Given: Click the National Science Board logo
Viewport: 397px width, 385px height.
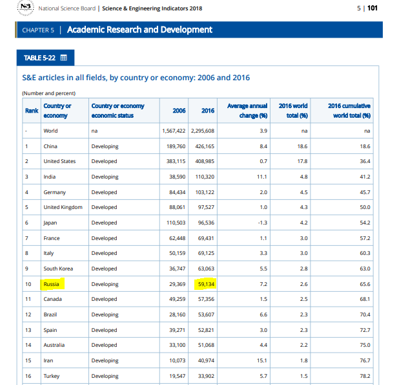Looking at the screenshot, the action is (x=25, y=8).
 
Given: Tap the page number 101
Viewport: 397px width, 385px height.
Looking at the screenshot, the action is (x=372, y=8).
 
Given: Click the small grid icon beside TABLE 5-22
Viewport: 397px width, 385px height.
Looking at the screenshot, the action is (x=63, y=58).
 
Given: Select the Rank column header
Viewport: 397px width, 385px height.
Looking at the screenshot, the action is (x=32, y=111).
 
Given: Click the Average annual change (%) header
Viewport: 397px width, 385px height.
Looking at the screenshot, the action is (x=247, y=111).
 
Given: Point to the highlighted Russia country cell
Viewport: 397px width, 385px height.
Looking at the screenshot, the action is (x=52, y=284).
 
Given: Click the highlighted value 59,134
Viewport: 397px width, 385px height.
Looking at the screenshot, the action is (x=205, y=284).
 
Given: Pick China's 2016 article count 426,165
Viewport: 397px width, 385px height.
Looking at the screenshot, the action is (x=205, y=146).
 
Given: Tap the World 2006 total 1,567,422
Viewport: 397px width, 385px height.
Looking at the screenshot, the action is (x=174, y=131).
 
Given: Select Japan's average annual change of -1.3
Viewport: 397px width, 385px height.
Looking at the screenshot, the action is (x=263, y=223).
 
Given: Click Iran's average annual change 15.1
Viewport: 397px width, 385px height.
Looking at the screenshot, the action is (x=262, y=360).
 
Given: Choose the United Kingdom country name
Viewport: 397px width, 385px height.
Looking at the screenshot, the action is (x=63, y=207).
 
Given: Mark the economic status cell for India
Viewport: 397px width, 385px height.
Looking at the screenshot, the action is (x=105, y=177).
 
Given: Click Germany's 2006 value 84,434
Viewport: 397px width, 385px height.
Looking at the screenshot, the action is (x=178, y=192).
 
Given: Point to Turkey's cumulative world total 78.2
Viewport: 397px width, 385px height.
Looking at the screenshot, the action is (x=365, y=376).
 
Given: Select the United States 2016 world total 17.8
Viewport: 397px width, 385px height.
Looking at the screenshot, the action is (x=302, y=161).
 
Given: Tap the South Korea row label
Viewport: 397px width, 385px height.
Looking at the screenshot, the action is (x=58, y=269).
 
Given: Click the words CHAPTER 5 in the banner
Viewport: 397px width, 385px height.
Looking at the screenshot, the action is (x=38, y=30).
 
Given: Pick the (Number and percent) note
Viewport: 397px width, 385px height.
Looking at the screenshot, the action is (x=49, y=93).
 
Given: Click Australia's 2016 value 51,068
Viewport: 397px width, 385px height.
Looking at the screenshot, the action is (x=206, y=345).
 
